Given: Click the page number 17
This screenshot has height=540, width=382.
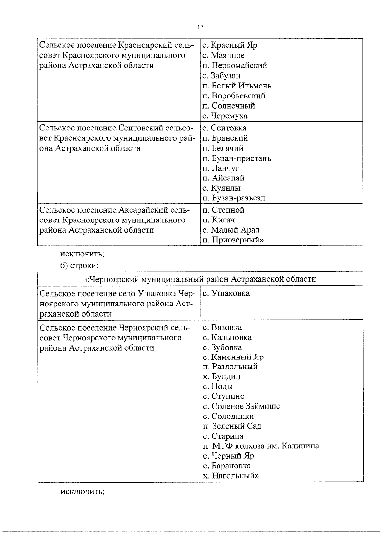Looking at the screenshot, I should (200, 27).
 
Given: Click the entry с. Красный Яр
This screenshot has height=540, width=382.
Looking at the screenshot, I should (230, 45).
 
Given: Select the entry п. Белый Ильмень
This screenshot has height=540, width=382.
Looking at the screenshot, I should (237, 86).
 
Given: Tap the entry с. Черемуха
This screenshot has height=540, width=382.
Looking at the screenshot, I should (225, 116).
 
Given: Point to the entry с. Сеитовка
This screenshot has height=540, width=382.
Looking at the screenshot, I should (224, 128).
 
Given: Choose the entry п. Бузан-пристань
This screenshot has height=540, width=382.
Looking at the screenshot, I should (237, 158).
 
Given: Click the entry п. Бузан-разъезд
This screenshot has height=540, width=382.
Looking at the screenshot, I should (234, 198).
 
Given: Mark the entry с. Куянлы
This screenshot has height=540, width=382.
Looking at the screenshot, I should (222, 188).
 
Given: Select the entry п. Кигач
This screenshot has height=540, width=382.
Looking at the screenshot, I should (219, 220).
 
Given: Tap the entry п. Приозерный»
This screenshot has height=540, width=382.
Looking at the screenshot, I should (233, 240).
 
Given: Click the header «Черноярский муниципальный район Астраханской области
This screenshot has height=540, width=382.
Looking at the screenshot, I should (200, 279).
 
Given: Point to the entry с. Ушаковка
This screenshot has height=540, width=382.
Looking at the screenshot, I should (226, 293).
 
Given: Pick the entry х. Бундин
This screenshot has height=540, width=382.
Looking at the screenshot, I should (222, 376).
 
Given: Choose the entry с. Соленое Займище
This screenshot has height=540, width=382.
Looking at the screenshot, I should (241, 406).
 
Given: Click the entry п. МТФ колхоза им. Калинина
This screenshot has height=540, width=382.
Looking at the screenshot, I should (261, 446).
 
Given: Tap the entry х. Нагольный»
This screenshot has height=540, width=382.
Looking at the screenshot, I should (231, 476).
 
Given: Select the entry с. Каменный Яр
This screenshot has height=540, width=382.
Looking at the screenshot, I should (233, 357).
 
